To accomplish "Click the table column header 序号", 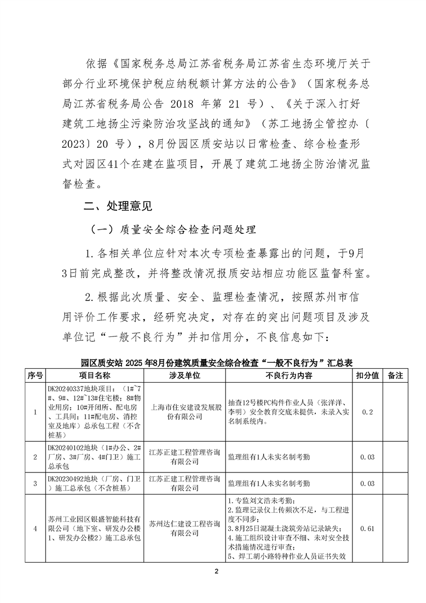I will pos(35,375).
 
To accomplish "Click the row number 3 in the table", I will pos(35,484).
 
